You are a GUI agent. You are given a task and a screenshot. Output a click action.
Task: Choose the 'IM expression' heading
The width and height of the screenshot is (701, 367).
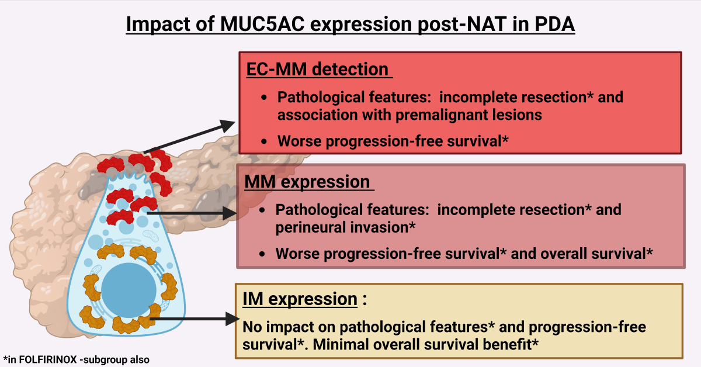pyautogui.click(x=299, y=299)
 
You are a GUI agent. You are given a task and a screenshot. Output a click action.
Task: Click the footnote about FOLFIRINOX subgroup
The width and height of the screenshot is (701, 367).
pyautogui.click(x=76, y=359)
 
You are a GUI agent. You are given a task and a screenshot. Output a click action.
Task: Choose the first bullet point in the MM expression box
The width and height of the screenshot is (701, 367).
pyautogui.click(x=265, y=209)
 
